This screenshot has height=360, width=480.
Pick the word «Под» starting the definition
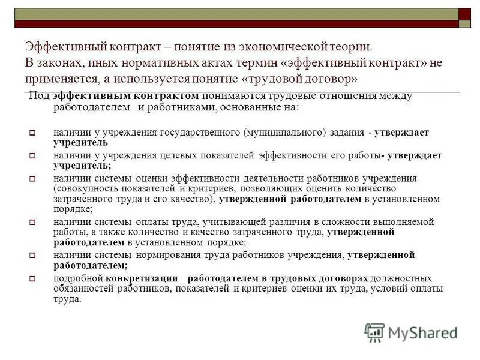pyautogui.click(x=39, y=95)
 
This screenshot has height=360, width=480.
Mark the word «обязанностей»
pyautogui.click(x=83, y=289)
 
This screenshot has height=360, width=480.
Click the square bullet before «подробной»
pyautogui.click(x=34, y=278)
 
